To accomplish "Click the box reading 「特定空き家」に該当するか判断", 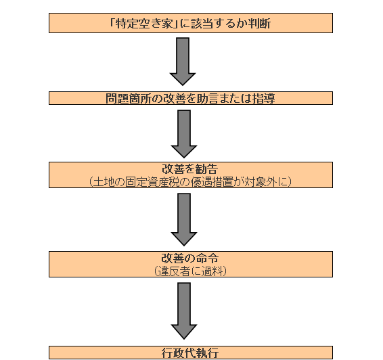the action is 191,23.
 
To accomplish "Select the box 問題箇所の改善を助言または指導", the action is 191,98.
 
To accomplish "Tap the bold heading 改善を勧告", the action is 190,168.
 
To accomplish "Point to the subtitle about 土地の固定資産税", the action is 190,182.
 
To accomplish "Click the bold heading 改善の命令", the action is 190,258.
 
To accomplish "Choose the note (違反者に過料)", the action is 190,271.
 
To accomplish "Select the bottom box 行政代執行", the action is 191,353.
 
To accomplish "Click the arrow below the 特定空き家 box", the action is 183,62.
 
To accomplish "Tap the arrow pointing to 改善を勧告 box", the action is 184,134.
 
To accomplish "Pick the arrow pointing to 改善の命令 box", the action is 184,219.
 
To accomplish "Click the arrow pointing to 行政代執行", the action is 184,311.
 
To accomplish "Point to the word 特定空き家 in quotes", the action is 144,24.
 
